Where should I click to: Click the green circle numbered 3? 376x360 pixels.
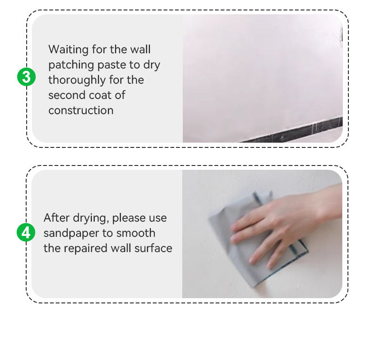[26, 77]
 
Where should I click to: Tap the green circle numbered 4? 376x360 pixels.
[26, 233]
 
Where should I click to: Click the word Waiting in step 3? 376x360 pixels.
[69, 50]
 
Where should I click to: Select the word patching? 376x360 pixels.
[71, 65]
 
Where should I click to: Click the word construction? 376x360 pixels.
[81, 110]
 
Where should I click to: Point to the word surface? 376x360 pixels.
[153, 248]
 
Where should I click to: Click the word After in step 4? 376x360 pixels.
[57, 218]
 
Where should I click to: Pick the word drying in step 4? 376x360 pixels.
[91, 218]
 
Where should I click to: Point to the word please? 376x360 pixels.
[128, 218]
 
